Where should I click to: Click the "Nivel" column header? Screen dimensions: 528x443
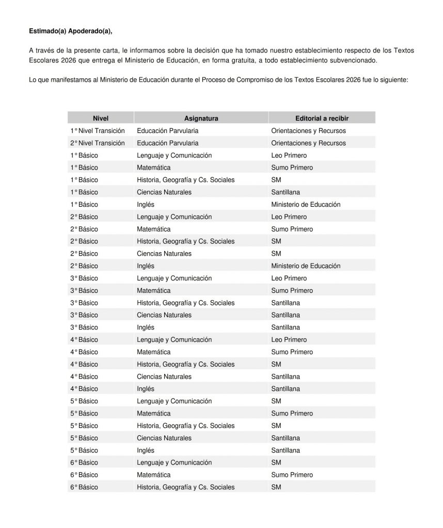point(101,118)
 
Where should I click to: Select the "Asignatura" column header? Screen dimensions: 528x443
point(201,118)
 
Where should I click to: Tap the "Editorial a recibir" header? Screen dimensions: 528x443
point(322,118)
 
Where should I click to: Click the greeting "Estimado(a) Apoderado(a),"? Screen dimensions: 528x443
point(71,31)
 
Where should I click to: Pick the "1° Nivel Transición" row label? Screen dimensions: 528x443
point(98,131)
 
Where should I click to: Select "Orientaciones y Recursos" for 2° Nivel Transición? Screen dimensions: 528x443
point(308,143)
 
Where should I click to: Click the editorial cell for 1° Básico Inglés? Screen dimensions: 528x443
point(306,204)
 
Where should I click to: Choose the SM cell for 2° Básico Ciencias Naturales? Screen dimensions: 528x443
point(276,254)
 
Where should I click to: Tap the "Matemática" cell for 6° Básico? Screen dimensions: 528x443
point(153,475)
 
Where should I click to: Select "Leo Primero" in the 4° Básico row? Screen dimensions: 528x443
point(289,340)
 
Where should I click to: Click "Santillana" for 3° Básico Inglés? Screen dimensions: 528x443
point(286,327)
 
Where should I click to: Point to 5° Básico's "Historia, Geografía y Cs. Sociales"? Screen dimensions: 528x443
point(185,426)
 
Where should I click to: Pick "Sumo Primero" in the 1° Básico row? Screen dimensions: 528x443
point(292,168)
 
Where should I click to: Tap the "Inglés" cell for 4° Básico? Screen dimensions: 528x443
point(146,389)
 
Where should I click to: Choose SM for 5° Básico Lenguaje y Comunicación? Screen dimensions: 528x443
point(276,401)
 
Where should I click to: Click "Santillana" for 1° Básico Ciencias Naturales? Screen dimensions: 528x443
point(286,192)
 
